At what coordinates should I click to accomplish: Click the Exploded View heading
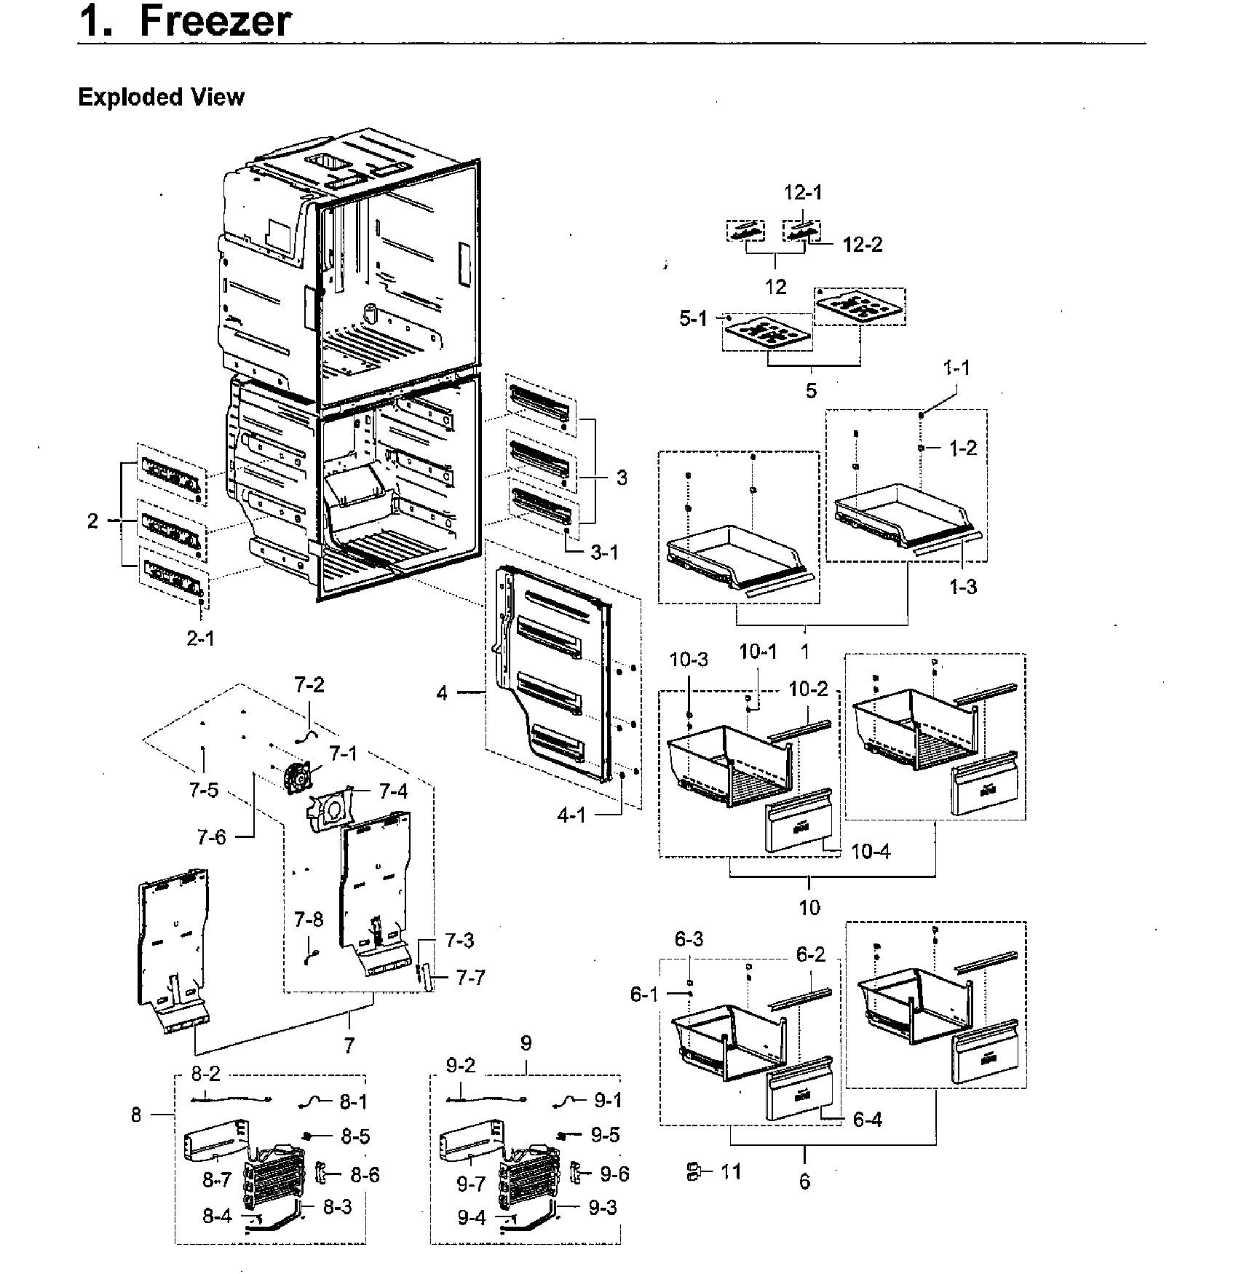pos(161,97)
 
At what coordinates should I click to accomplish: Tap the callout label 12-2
pos(863,245)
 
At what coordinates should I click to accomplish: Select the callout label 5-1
pos(693,319)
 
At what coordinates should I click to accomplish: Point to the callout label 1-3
pos(962,586)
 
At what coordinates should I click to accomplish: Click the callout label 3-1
pos(604,553)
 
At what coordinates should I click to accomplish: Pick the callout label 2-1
pos(201,638)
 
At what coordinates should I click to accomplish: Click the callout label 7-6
pos(211,837)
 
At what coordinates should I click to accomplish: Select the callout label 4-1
pos(571,815)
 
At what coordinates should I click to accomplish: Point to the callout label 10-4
pos(871,851)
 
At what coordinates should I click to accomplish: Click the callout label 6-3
pos(689,939)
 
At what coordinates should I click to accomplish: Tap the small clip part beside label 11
pos(692,1171)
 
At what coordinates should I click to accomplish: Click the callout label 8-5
pos(354,1136)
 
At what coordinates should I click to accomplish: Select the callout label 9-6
pos(614,1174)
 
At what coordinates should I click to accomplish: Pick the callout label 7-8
pos(309,919)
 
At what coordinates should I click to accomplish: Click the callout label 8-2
pos(205,1073)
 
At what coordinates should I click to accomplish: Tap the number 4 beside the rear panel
pos(442,692)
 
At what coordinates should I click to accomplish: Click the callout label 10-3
pos(689,660)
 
